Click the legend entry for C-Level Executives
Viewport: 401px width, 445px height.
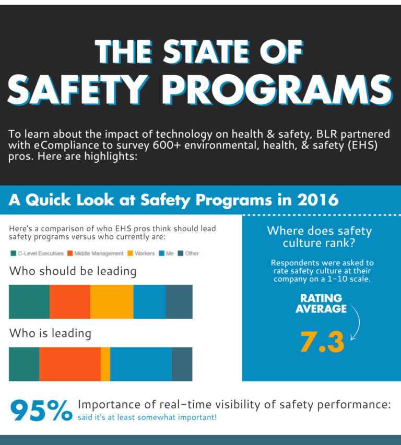point(37,253)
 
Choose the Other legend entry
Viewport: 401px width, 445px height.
point(188,253)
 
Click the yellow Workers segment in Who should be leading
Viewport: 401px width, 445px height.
point(112,302)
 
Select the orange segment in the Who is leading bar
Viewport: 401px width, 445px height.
point(70,364)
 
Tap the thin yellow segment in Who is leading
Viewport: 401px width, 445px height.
point(105,364)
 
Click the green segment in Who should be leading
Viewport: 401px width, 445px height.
point(29,302)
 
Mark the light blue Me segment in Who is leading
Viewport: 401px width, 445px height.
point(141,364)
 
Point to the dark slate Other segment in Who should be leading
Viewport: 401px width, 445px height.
point(179,302)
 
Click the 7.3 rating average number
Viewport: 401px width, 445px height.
point(322,342)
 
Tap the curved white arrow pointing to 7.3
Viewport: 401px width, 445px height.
point(357,323)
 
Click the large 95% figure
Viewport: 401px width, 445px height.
point(41,411)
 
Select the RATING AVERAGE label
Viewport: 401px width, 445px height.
point(321,304)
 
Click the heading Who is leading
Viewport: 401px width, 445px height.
point(50,333)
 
